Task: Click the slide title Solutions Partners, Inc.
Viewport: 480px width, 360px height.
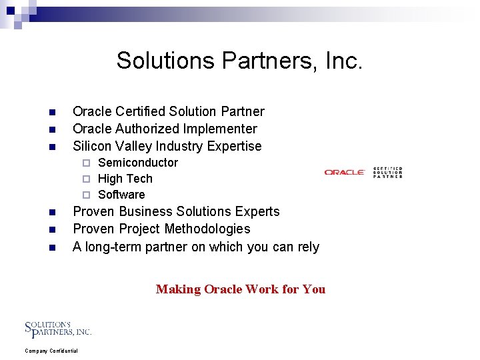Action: [x=240, y=61]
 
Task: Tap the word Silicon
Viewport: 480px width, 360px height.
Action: [x=92, y=146]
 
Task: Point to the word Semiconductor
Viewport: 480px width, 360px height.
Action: [x=138, y=163]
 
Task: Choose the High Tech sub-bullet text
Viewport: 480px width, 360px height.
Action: [x=125, y=179]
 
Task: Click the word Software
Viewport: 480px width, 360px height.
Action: [x=121, y=195]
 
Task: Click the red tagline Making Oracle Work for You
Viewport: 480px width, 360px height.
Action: [x=241, y=289]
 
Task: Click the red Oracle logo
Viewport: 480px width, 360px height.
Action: [x=345, y=173]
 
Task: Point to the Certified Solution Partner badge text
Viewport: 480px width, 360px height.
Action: [x=388, y=172]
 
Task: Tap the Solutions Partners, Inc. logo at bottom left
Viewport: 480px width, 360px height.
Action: [x=58, y=329]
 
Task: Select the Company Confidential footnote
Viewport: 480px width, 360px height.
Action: [x=51, y=351]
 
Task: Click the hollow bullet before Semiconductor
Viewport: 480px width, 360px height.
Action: [x=85, y=163]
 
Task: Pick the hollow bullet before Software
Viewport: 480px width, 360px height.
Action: [x=85, y=195]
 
